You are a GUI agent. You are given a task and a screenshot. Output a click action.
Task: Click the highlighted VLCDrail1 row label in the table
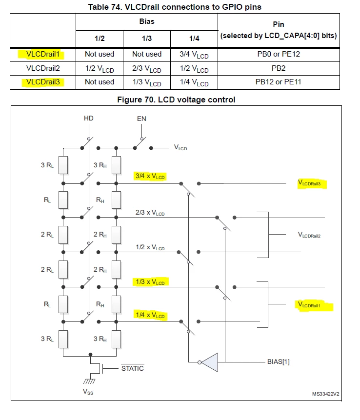point(42,54)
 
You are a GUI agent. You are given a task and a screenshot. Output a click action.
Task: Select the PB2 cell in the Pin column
point(279,68)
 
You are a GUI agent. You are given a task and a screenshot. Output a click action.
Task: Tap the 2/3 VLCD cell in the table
point(147,69)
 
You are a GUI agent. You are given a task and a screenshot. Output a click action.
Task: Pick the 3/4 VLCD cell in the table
point(194,55)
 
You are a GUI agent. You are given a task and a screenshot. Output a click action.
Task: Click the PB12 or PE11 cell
point(279,82)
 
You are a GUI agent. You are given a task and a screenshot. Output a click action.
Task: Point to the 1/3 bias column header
point(147,39)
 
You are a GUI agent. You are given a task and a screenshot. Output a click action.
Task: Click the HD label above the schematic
point(89,119)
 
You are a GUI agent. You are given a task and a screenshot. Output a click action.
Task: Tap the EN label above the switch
point(141,119)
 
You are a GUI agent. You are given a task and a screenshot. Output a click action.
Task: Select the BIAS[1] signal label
point(279,362)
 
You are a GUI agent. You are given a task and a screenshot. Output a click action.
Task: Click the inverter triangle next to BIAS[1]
point(210,362)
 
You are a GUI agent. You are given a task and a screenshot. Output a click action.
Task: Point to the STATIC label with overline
point(133,368)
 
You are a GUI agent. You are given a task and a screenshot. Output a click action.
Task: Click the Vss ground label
point(88,392)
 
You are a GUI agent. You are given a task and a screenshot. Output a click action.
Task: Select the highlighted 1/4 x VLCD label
point(150,315)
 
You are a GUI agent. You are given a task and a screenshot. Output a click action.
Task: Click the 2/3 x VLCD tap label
point(150,213)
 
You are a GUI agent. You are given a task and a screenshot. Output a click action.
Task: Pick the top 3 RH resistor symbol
point(116,165)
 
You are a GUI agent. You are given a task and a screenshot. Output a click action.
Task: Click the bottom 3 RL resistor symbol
point(63,339)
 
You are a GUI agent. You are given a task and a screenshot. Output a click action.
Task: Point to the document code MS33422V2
point(326,394)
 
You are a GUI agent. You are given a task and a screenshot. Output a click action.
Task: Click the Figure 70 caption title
point(176,100)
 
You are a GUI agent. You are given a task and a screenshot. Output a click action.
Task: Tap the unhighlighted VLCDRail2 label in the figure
point(309,235)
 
